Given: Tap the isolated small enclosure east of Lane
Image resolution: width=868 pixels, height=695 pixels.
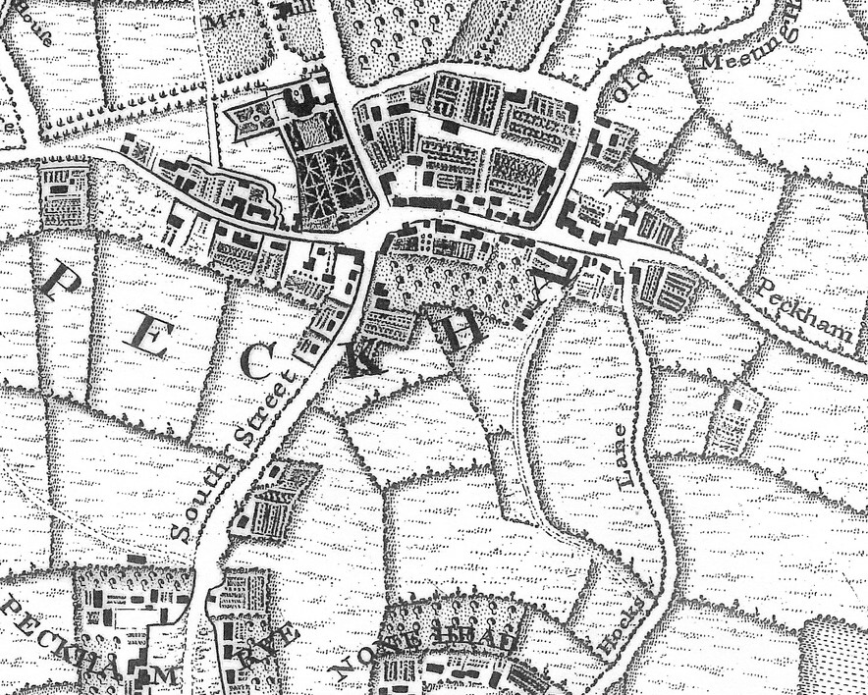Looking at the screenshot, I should pos(737,419).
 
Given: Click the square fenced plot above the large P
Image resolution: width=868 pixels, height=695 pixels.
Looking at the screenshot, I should pos(64,195).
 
